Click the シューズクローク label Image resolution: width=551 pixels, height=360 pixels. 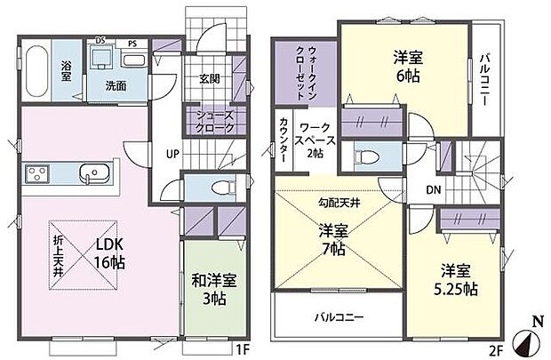(x=210, y=121)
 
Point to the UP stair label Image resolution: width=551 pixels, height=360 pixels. (x=170, y=152)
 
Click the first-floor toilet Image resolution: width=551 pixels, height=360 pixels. (x=208, y=188)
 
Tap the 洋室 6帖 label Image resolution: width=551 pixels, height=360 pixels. (x=407, y=67)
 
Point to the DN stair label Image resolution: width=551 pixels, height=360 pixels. (x=433, y=188)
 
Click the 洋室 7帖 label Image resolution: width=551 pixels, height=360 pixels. (x=333, y=240)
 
